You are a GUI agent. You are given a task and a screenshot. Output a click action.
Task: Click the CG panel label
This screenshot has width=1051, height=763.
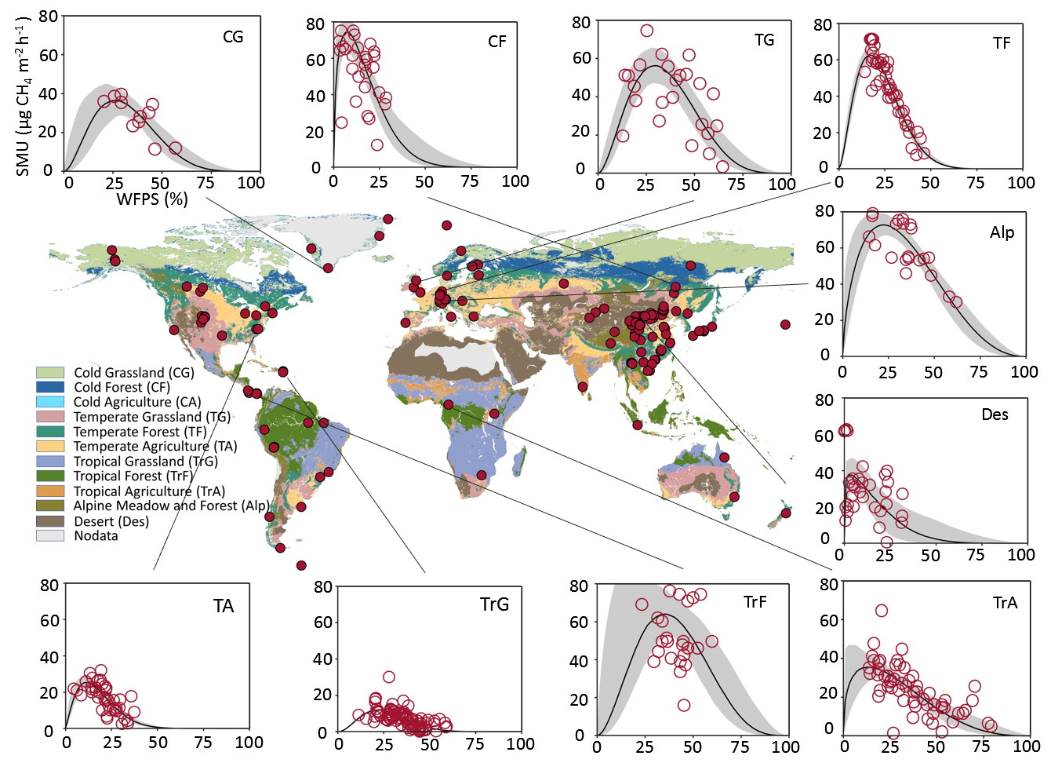[x=233, y=37]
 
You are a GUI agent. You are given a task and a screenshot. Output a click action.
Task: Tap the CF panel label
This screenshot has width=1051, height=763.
[x=497, y=42]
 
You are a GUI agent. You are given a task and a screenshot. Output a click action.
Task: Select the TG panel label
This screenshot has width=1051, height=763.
[x=764, y=40]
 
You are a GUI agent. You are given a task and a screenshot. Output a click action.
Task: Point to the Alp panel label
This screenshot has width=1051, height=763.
[x=1002, y=232]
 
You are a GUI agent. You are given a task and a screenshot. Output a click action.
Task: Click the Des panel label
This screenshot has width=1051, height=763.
[x=995, y=414]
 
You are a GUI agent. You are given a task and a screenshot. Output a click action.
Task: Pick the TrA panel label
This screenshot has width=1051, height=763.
[x=1005, y=603]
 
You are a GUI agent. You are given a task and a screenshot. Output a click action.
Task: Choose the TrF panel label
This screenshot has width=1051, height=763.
[x=755, y=602]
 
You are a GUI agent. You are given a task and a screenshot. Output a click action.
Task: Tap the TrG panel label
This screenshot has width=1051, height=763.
[x=494, y=604]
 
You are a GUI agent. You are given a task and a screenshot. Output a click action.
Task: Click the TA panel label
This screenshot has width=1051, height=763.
[x=224, y=606]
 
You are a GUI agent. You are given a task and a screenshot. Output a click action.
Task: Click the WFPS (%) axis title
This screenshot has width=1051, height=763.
[x=152, y=199]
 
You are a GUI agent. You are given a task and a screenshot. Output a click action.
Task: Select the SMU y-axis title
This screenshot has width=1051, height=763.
[x=23, y=94]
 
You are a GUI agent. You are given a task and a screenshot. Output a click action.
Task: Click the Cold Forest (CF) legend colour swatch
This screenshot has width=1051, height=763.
[x=50, y=387]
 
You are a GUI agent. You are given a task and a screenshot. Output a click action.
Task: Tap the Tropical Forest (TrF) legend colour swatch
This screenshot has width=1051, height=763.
[x=50, y=476]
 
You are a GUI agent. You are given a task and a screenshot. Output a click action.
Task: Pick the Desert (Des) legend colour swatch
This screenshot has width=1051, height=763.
[x=50, y=521]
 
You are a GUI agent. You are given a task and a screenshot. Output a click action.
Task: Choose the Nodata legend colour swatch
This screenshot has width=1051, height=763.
[x=50, y=535]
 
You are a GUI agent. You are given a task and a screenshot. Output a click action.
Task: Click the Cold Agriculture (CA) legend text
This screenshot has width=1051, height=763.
[x=137, y=402]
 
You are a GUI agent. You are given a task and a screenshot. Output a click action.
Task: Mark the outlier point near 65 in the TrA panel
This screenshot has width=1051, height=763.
[x=882, y=611]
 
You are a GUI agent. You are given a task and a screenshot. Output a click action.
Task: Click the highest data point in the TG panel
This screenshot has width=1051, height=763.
[x=646, y=31]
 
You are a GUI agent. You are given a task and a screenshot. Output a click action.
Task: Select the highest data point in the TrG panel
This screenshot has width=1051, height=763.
[x=389, y=677]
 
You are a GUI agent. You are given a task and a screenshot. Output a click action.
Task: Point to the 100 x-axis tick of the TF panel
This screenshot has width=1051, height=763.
[x=1020, y=183]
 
